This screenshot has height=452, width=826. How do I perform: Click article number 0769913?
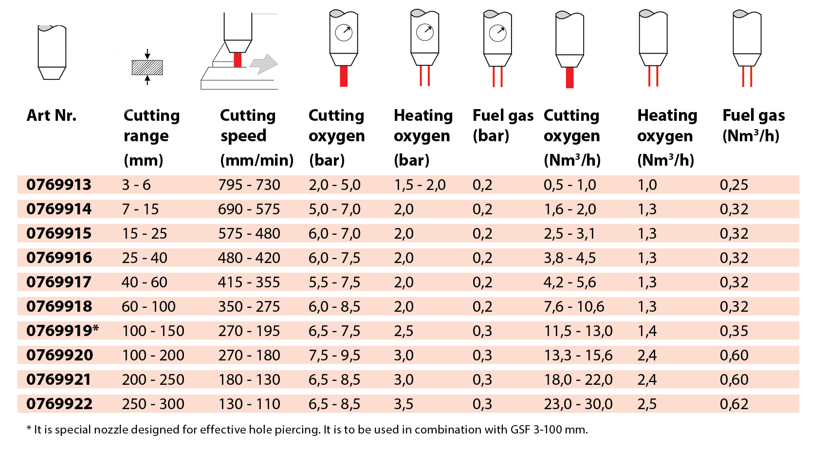[x=59, y=185]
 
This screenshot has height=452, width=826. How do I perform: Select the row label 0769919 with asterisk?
[x=62, y=331]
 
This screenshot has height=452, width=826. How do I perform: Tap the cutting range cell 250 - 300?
[x=153, y=404]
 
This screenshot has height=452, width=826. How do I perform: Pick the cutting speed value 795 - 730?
[x=249, y=185]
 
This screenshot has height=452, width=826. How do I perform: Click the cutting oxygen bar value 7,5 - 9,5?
[x=334, y=355]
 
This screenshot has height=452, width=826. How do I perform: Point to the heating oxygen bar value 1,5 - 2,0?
[x=419, y=185]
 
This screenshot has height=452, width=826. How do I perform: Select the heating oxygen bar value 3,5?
[x=404, y=404]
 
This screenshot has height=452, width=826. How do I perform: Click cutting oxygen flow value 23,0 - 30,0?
[x=578, y=404]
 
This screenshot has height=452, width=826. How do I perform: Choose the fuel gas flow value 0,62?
[x=734, y=404]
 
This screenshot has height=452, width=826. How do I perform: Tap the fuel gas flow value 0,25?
[x=734, y=185]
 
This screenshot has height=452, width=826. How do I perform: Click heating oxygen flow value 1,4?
[x=647, y=331]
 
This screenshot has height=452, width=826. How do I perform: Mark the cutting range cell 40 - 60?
[x=144, y=282]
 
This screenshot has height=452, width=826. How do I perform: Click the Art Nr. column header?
[x=52, y=115]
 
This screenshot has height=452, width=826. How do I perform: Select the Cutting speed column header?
[x=248, y=126]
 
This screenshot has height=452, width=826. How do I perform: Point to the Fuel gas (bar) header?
[x=503, y=125]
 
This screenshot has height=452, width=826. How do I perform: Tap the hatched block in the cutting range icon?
[x=147, y=67]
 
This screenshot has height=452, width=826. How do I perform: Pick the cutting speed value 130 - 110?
[x=249, y=404]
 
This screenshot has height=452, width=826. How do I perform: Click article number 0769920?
[x=59, y=355]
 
